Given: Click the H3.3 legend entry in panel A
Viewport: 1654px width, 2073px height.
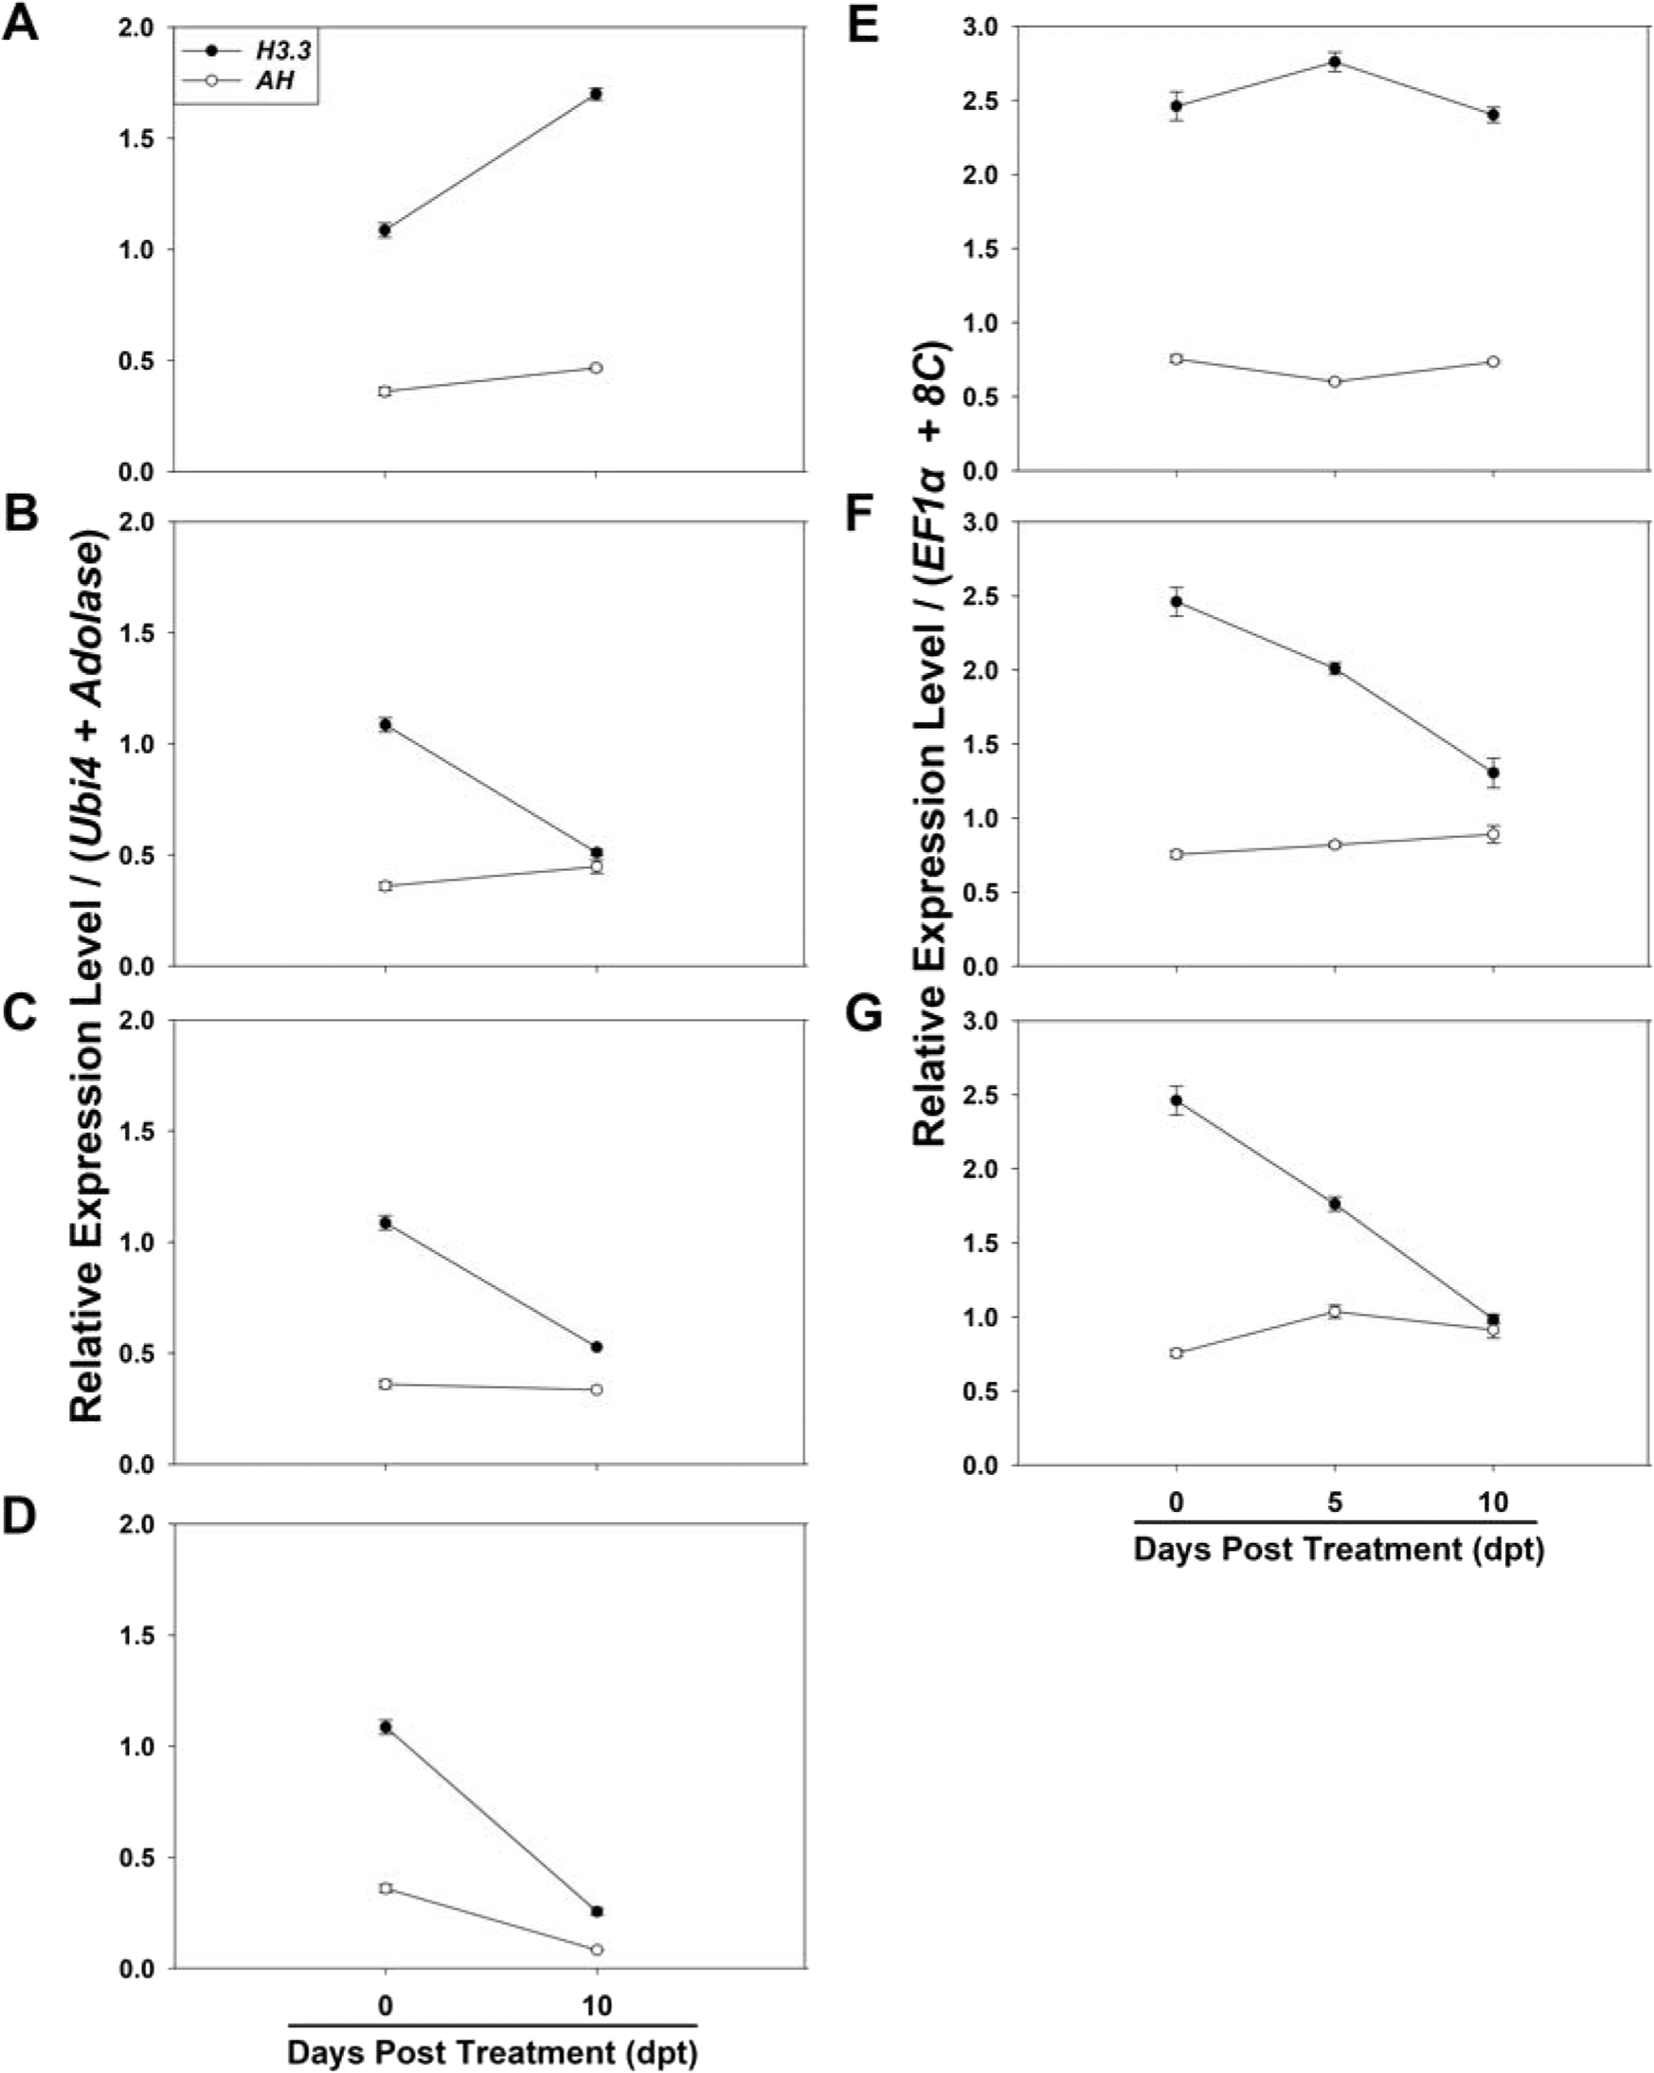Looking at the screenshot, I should pos(282,51).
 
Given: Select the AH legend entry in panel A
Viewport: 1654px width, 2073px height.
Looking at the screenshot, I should pos(275,81).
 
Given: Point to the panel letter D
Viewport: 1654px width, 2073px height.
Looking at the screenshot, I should pos(20,1517).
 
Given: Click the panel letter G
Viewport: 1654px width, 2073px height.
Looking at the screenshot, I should pos(863,1014).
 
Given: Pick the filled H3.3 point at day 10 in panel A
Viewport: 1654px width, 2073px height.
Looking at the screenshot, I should pos(597,94).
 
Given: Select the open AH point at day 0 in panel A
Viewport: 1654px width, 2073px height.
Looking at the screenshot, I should pos(386,391).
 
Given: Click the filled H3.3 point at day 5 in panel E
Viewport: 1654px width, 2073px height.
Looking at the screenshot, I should pos(1334,63).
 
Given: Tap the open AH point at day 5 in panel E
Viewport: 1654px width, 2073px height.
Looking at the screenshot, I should pos(1334,382).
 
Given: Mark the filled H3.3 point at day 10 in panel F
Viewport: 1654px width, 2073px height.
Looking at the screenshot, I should pos(1493,773).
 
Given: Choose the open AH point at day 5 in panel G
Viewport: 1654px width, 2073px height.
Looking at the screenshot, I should pos(1334,1312).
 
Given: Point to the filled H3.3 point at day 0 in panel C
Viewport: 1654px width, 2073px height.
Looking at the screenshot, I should pos(386,1223).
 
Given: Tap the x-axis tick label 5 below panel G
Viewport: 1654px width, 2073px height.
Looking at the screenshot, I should pos(1334,1502).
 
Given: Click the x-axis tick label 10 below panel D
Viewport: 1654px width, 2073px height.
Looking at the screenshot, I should pos(597,2007).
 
